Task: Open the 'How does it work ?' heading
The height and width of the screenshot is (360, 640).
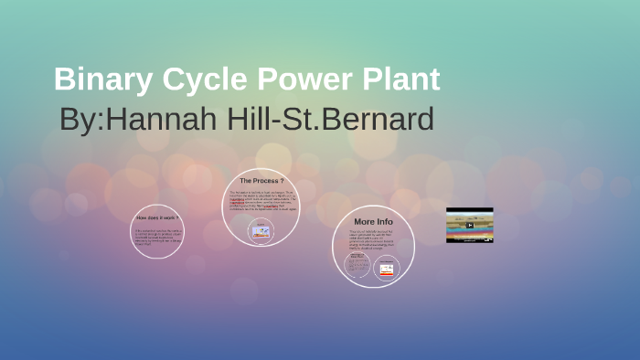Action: (x=157, y=217)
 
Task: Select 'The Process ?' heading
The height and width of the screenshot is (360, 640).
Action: (x=261, y=181)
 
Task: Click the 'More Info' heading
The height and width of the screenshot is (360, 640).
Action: (x=373, y=221)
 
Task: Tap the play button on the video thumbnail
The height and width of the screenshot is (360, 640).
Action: (x=470, y=226)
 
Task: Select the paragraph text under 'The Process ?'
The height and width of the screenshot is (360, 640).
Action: (x=262, y=201)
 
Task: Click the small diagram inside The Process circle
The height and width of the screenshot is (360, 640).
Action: (x=262, y=232)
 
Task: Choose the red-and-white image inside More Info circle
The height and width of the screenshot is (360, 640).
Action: (x=387, y=268)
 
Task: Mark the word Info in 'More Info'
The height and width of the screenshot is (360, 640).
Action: (x=385, y=221)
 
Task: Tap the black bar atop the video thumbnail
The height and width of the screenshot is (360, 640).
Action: (x=470, y=211)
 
